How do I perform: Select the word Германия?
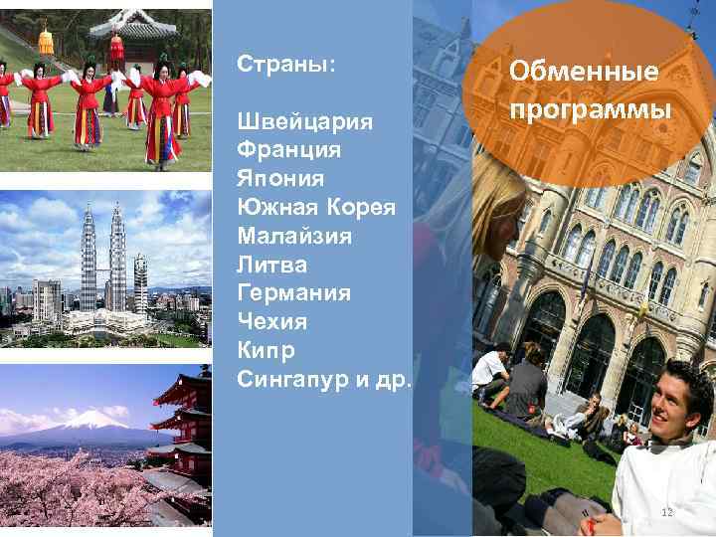pos(294,293)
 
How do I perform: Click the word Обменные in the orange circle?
pos(584,72)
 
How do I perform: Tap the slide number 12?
pos(667,512)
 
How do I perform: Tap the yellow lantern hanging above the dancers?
pos(45,42)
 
